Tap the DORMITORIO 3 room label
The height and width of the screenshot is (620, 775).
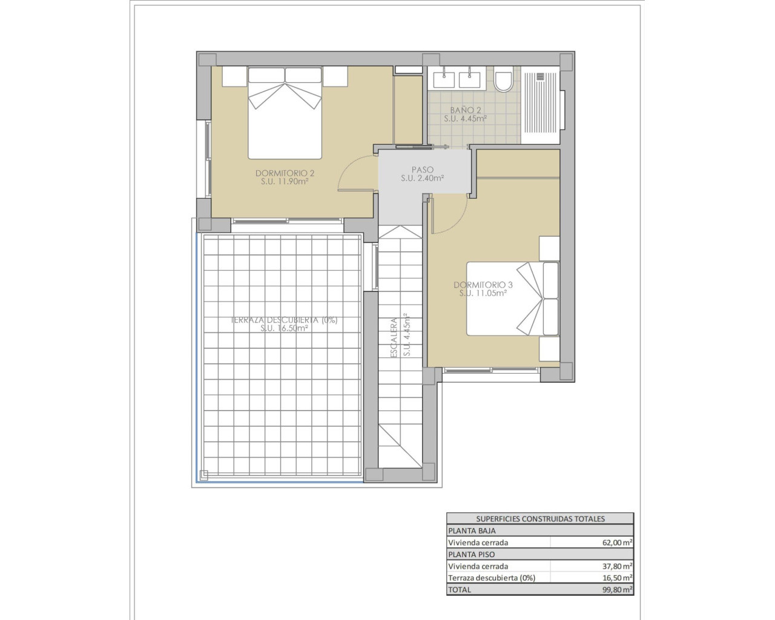[x=483, y=285]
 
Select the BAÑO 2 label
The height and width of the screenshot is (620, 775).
[x=466, y=110]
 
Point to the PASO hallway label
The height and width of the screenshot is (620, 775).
[x=422, y=170]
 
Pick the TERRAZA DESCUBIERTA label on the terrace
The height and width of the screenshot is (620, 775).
[x=284, y=320]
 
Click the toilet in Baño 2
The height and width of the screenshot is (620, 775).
[x=503, y=81]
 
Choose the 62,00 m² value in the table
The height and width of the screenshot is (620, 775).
[x=615, y=543]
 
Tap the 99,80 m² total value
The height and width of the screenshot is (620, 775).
[x=615, y=589]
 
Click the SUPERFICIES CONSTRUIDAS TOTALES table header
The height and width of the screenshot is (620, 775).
[x=540, y=519]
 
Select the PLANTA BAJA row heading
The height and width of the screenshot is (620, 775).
[x=472, y=531]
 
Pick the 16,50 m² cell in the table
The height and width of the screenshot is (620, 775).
[x=615, y=578]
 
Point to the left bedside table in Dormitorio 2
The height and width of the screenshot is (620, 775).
[x=234, y=76]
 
